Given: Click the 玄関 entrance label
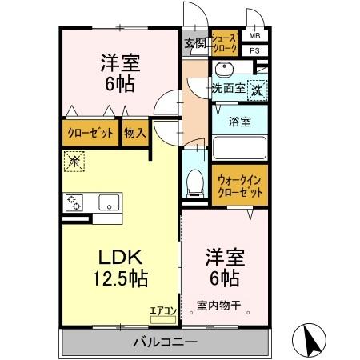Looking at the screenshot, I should pyautogui.click(x=194, y=43).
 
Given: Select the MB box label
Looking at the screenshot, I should pyautogui.click(x=254, y=37).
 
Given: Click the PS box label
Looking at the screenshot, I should pyautogui.click(x=254, y=50).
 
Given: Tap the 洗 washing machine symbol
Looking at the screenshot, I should pyautogui.click(x=258, y=90).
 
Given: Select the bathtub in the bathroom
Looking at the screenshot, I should pyautogui.click(x=239, y=148).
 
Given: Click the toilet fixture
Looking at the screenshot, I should pyautogui.click(x=193, y=184).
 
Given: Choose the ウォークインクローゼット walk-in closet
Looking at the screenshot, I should pyautogui.click(x=239, y=187).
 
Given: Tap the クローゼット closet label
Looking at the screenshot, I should pyautogui.click(x=90, y=134).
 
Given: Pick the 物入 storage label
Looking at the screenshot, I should pyautogui.click(x=134, y=134).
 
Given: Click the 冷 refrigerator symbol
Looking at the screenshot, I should pyautogui.click(x=74, y=161).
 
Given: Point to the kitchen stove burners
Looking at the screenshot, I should pyautogui.click(x=74, y=202).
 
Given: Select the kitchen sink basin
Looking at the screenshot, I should pyautogui.click(x=108, y=202).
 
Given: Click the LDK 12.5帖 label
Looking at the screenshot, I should pyautogui.click(x=120, y=268).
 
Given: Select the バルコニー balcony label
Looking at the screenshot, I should pyautogui.click(x=164, y=342).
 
